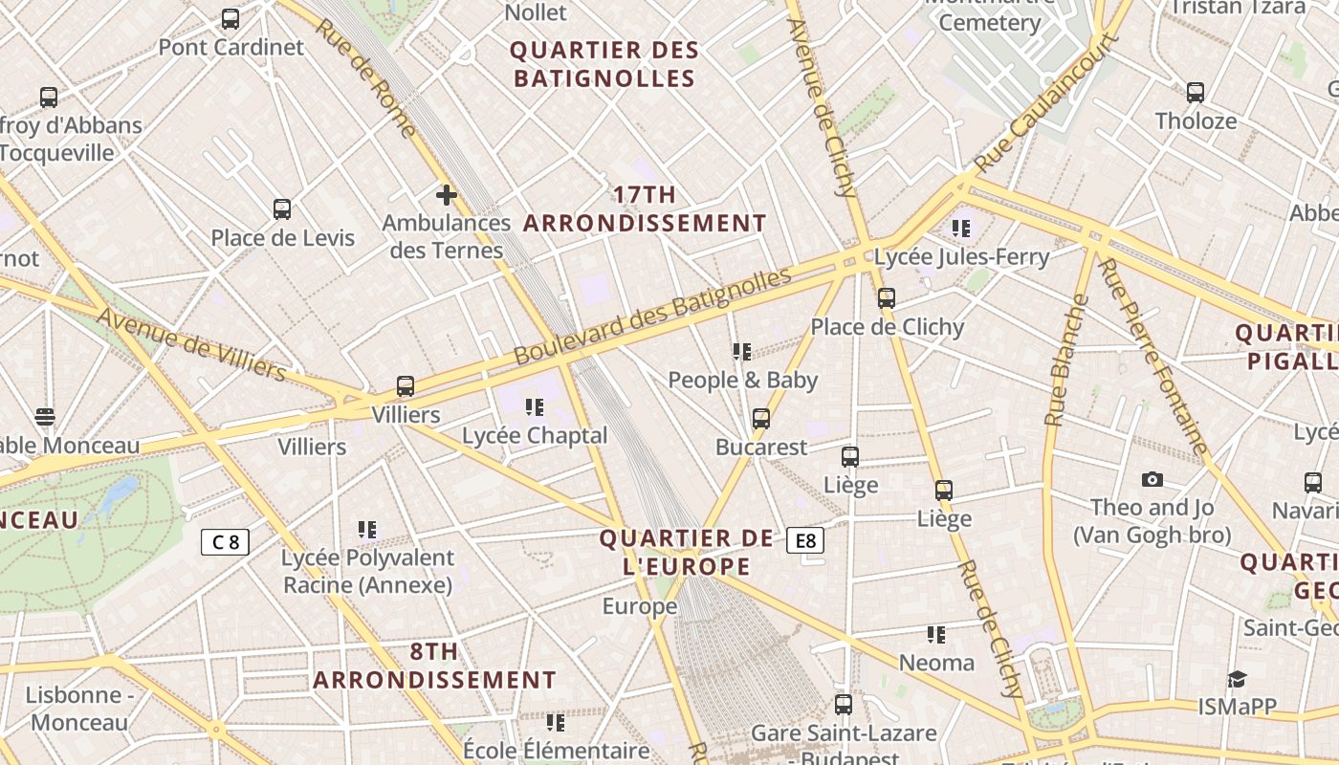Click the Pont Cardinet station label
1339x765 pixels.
[x=230, y=47]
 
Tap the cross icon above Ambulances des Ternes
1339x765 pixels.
[x=446, y=196]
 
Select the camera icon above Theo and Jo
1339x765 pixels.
[x=1152, y=479]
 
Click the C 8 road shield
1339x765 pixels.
[x=226, y=542]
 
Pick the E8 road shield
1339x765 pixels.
[x=805, y=541]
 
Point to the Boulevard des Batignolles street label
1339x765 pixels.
[x=652, y=316]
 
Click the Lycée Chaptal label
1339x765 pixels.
[x=535, y=435]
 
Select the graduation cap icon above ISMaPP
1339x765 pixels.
[x=1237, y=679]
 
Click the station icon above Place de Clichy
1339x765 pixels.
[x=887, y=298]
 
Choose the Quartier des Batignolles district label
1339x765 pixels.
[x=604, y=64]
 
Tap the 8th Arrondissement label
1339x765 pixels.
[x=434, y=666]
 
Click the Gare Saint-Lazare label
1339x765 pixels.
[x=844, y=733]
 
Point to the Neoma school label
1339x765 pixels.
[x=936, y=663]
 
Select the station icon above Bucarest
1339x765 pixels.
[x=761, y=419]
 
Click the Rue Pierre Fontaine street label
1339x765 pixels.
[x=1152, y=356]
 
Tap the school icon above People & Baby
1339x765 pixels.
[x=742, y=352]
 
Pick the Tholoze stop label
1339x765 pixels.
[x=1196, y=120]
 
